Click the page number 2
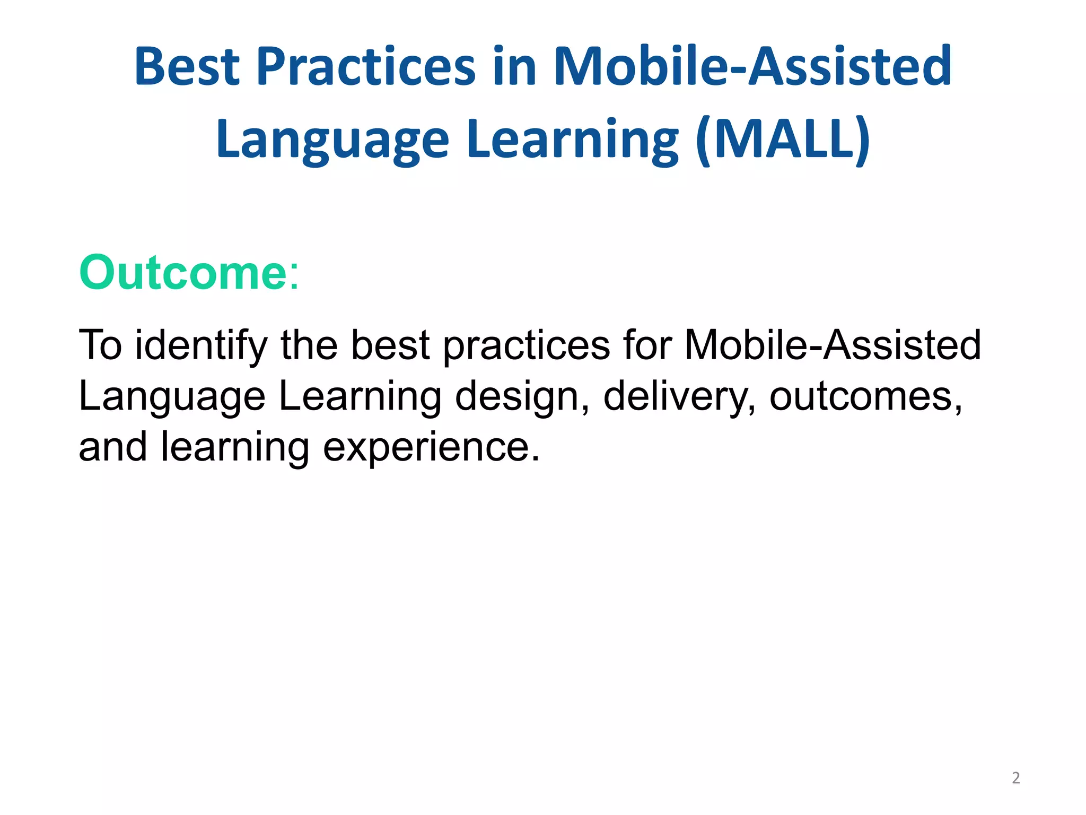[x=1015, y=778]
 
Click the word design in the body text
[x=516, y=397]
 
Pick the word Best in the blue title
[x=187, y=67]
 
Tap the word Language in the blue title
[x=332, y=139]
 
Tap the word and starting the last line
[x=112, y=447]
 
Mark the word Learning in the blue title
[x=573, y=139]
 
